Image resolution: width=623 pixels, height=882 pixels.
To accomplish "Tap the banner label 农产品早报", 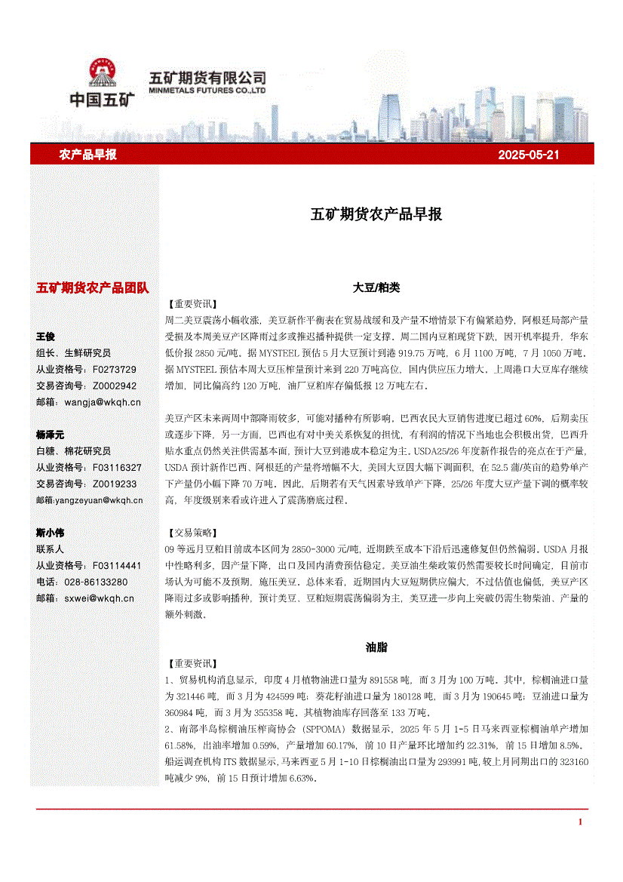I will point(87,155).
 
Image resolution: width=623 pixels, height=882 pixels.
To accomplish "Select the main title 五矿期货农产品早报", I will point(376,214).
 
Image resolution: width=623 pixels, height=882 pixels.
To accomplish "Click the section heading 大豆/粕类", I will point(376,287).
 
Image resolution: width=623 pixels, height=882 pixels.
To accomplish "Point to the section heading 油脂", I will point(376,647).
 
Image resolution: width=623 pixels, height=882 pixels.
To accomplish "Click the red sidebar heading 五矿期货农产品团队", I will point(93,288).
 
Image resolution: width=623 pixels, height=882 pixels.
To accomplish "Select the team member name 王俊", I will point(45,337).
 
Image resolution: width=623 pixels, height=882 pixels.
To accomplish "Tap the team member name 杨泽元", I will point(51,435).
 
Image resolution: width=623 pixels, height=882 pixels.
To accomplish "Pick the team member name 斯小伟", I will point(51,533).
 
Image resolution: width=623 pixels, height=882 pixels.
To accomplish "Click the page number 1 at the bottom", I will point(579,822).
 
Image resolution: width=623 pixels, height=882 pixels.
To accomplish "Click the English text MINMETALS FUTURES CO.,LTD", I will point(207,90).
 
